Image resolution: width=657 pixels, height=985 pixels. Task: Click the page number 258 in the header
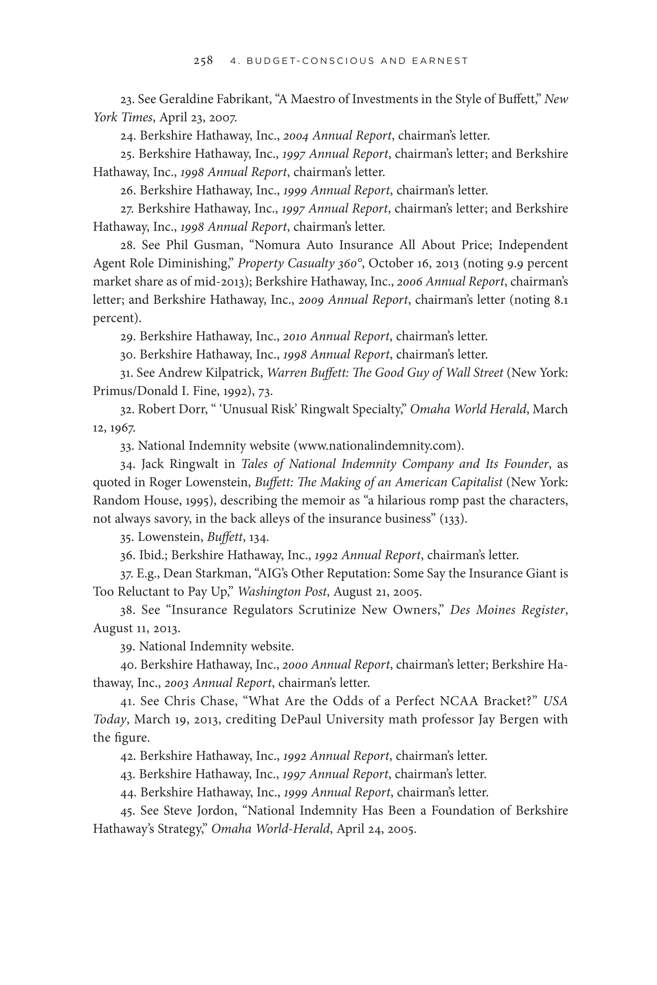(x=203, y=61)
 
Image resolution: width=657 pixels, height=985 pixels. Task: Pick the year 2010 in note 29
(x=295, y=336)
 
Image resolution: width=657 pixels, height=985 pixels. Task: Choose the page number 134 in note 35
(x=259, y=537)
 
